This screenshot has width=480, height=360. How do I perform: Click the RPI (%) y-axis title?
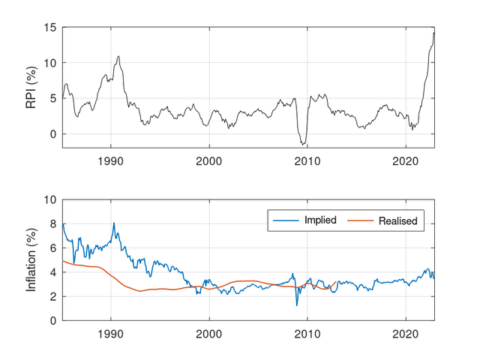click(x=31, y=87)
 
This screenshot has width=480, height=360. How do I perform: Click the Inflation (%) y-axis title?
click(x=31, y=260)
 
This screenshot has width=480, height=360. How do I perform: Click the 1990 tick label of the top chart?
click(x=111, y=160)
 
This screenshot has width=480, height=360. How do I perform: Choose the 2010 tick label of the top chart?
click(x=307, y=160)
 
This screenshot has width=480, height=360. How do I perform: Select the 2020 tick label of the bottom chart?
click(x=405, y=332)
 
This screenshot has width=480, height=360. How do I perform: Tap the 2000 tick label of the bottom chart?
click(x=209, y=332)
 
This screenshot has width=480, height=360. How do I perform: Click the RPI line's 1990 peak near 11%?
click(x=118, y=56)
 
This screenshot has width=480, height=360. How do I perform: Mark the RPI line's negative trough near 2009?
click(x=302, y=144)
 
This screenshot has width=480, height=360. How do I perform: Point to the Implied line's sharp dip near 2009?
click(x=297, y=304)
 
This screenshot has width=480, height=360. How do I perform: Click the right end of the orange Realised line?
click(x=335, y=282)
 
